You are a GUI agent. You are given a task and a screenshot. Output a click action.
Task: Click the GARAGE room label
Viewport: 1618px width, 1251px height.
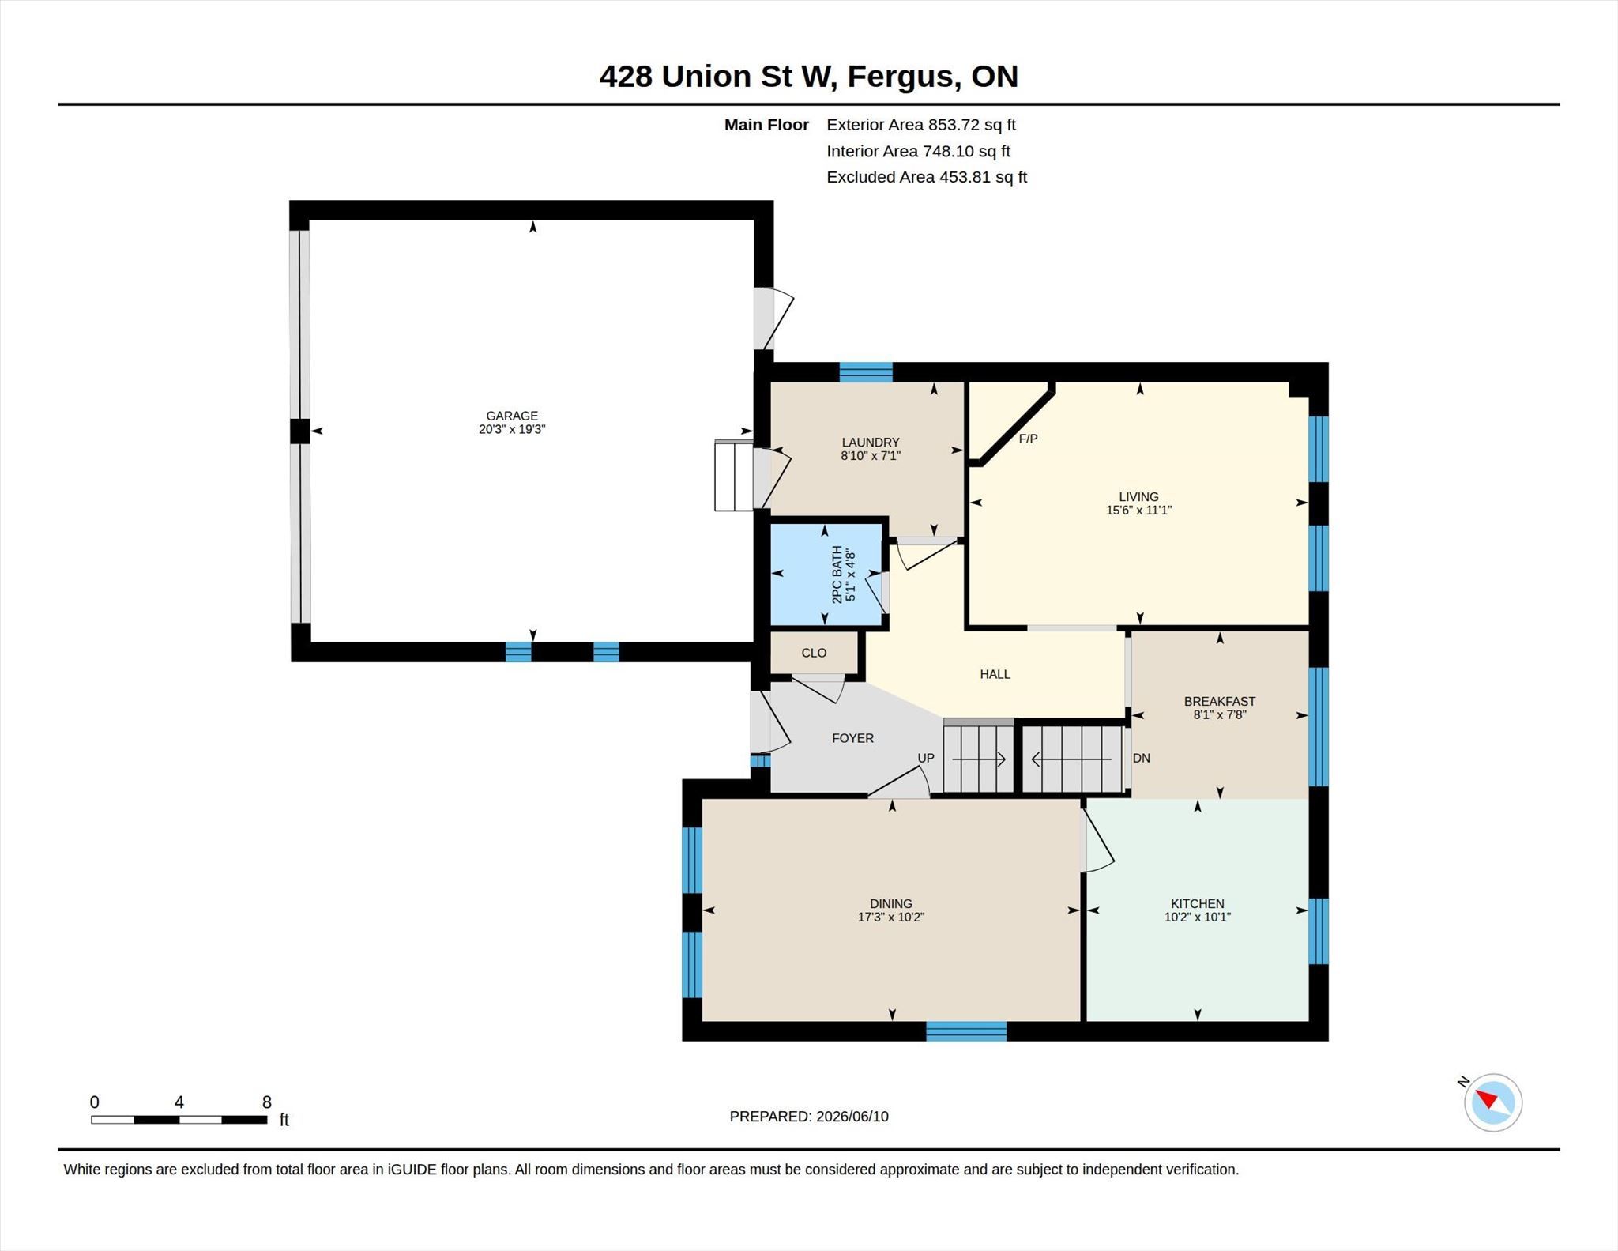tap(512, 416)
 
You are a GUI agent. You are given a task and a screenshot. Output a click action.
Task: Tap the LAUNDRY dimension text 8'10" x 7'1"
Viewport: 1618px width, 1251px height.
tap(871, 456)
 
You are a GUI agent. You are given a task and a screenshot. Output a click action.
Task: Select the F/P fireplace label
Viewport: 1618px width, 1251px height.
tap(1028, 439)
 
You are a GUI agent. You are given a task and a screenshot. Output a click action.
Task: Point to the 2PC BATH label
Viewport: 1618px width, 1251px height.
tap(837, 575)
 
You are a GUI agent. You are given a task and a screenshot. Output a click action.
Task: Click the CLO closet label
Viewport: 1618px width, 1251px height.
tap(814, 653)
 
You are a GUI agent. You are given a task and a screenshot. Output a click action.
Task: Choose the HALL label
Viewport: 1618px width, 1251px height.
tap(995, 674)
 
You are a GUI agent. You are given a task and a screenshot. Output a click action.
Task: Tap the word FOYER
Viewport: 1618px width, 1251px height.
tap(852, 738)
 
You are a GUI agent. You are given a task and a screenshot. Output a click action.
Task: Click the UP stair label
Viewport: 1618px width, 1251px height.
tap(926, 758)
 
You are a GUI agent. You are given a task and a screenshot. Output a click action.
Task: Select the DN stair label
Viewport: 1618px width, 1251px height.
tap(1141, 758)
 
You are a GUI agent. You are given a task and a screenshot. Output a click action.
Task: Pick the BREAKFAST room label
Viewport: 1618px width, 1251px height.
tap(1219, 701)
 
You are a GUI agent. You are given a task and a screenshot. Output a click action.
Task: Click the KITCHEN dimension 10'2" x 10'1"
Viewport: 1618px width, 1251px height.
tap(1197, 918)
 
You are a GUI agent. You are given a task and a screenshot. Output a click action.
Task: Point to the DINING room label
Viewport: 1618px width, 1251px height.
tap(890, 904)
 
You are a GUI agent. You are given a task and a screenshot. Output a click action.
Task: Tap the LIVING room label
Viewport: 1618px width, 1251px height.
tap(1138, 497)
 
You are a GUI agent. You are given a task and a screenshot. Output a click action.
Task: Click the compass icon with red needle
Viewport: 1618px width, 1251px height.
tap(1492, 1102)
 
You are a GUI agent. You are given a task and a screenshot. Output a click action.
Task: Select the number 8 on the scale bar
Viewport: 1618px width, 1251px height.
tap(267, 1102)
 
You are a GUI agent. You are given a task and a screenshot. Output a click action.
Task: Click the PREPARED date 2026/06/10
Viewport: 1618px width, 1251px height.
tap(852, 1117)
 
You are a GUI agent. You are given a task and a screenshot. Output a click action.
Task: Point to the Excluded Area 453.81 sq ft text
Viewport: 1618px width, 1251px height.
tap(927, 177)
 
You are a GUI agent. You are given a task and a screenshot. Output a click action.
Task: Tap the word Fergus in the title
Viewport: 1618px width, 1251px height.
tap(903, 77)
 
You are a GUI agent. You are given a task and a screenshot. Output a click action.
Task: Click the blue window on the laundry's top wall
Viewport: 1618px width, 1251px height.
tap(865, 372)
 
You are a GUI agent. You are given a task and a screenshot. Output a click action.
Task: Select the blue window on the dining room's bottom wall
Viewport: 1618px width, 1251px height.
tap(966, 1031)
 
